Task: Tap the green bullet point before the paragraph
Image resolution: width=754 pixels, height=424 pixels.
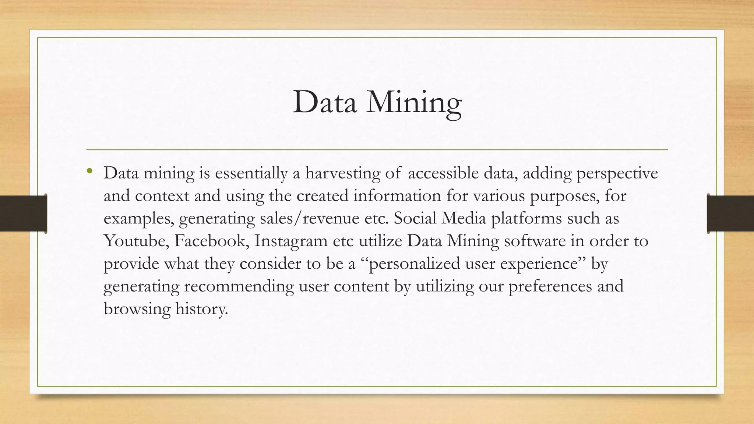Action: (89, 170)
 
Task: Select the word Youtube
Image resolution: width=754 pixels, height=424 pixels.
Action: (136, 241)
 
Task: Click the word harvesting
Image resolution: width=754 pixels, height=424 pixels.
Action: (342, 173)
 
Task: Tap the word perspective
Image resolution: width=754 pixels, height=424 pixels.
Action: (617, 173)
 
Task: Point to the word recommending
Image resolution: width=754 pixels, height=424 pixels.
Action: (239, 286)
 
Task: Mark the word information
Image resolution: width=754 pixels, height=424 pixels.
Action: (397, 196)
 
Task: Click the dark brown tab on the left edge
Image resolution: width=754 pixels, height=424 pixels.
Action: (23, 213)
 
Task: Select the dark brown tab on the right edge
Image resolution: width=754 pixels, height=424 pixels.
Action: (730, 213)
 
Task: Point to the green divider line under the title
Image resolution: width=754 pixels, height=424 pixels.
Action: (377, 150)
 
